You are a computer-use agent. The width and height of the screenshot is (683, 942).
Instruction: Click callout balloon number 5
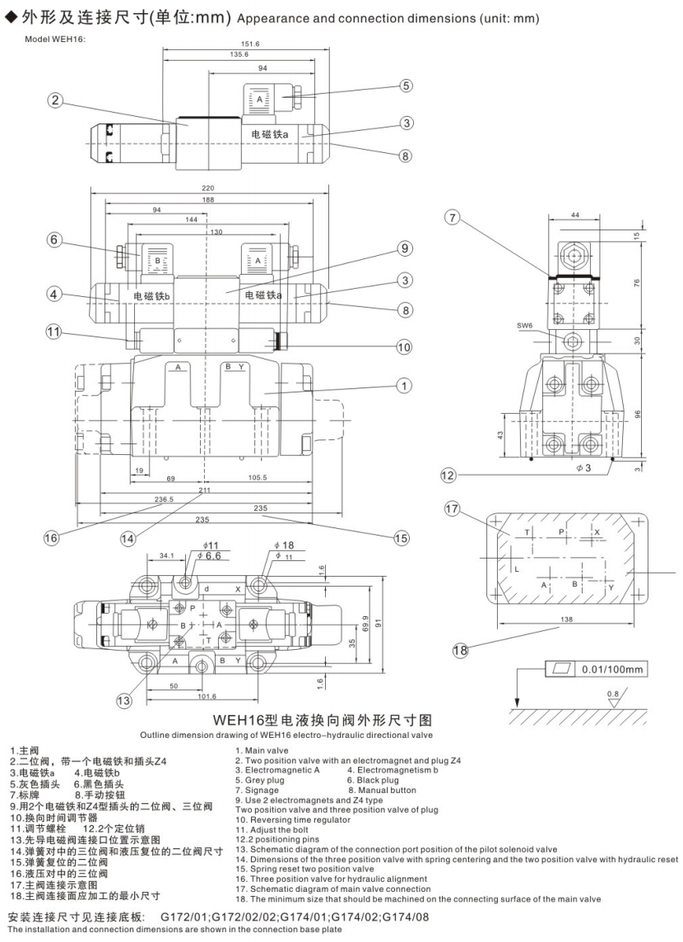click(406, 85)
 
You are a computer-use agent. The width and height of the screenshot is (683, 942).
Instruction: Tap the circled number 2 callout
click(55, 100)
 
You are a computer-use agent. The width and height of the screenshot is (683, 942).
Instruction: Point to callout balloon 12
click(448, 475)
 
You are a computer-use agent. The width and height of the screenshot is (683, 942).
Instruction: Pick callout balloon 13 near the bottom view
click(123, 701)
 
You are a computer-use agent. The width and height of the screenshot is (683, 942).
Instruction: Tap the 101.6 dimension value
click(207, 695)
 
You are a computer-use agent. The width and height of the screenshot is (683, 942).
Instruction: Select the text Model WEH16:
click(54, 38)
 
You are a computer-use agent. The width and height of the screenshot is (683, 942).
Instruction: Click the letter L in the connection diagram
click(516, 568)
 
